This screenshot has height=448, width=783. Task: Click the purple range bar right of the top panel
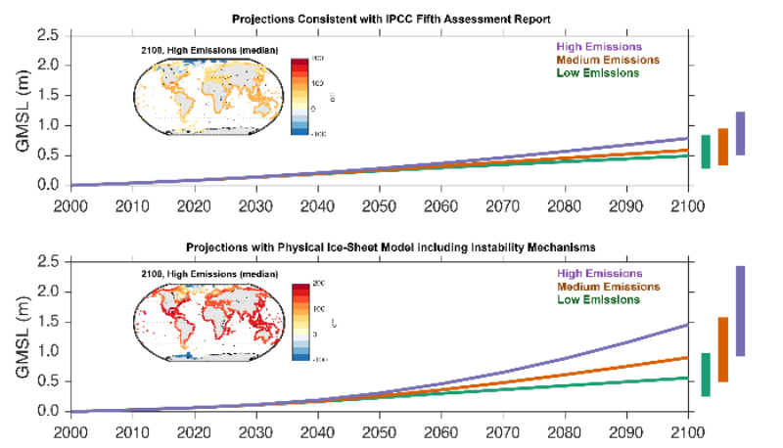click(741, 133)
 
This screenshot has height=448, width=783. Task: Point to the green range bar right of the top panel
click(706, 152)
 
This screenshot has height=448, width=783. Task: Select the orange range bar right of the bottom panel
click(722, 349)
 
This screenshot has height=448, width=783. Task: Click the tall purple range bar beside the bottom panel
click(741, 311)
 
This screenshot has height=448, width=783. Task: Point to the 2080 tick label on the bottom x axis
click(565, 432)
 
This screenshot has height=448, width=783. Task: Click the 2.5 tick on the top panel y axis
click(48, 36)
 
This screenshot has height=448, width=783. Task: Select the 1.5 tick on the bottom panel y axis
click(48, 322)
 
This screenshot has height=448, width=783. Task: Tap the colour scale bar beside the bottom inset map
click(299, 322)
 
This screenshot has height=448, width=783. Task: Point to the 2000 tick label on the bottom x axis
click(70, 432)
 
